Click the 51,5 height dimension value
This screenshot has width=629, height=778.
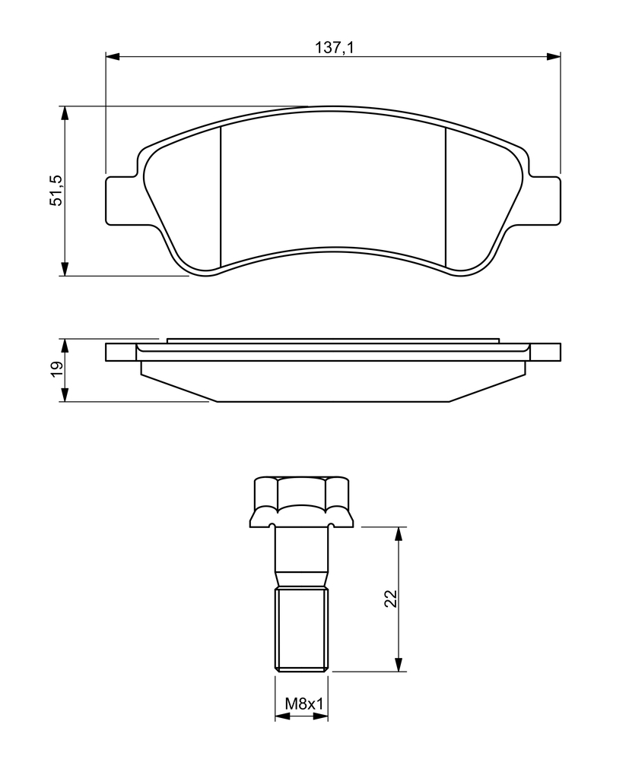[x=56, y=191]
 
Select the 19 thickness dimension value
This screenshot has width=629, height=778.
[x=56, y=368]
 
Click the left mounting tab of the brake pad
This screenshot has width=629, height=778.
[x=120, y=200]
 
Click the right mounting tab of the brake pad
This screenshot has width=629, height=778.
[x=545, y=200]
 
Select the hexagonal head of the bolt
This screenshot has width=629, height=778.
[x=302, y=501]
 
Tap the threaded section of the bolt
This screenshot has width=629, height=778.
[x=302, y=629]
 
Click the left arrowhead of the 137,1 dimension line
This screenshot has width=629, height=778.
[x=113, y=56]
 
